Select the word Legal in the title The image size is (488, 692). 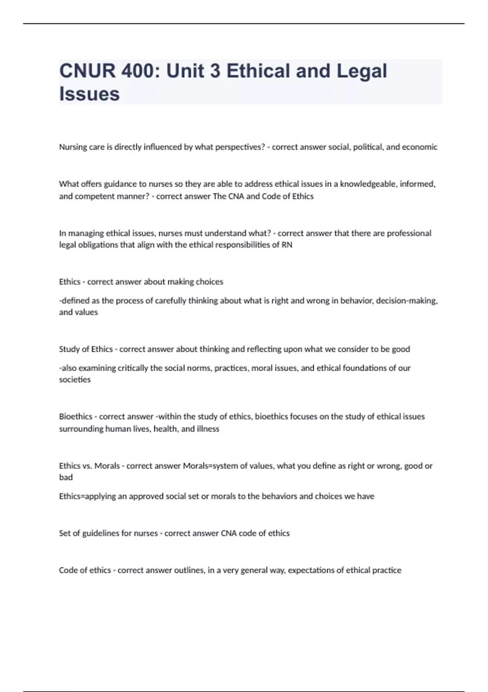pos(362,71)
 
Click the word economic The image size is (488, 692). pos(420,147)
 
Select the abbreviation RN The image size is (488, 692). pos(287,245)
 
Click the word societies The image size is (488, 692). pos(75,379)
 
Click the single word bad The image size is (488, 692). pos(66,477)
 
